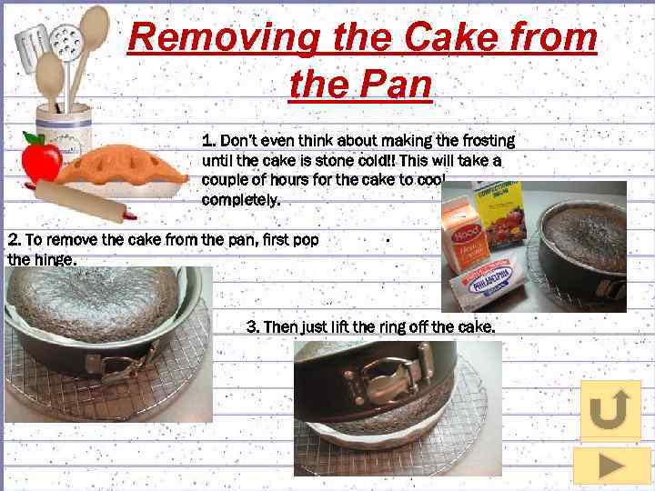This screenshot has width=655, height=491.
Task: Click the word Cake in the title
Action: (x=451, y=36)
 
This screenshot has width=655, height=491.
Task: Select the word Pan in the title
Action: (x=395, y=84)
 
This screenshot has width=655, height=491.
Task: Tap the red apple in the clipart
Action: (x=41, y=161)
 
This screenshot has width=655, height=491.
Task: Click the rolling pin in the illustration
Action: (x=86, y=202)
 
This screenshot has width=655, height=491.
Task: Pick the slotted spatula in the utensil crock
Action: (x=31, y=47)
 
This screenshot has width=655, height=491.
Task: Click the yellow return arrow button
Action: (x=610, y=410)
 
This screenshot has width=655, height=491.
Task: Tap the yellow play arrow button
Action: (x=610, y=466)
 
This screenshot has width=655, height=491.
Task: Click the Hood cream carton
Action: (x=465, y=235)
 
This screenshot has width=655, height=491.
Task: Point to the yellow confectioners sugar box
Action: (x=499, y=214)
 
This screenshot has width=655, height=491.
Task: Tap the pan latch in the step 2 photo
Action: (x=120, y=363)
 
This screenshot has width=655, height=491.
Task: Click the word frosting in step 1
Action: (x=489, y=141)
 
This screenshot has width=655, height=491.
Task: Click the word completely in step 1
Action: (x=240, y=199)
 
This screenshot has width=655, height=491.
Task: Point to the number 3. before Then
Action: (x=253, y=326)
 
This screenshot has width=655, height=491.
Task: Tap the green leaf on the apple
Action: (x=34, y=138)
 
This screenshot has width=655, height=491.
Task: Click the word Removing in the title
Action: (x=224, y=38)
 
